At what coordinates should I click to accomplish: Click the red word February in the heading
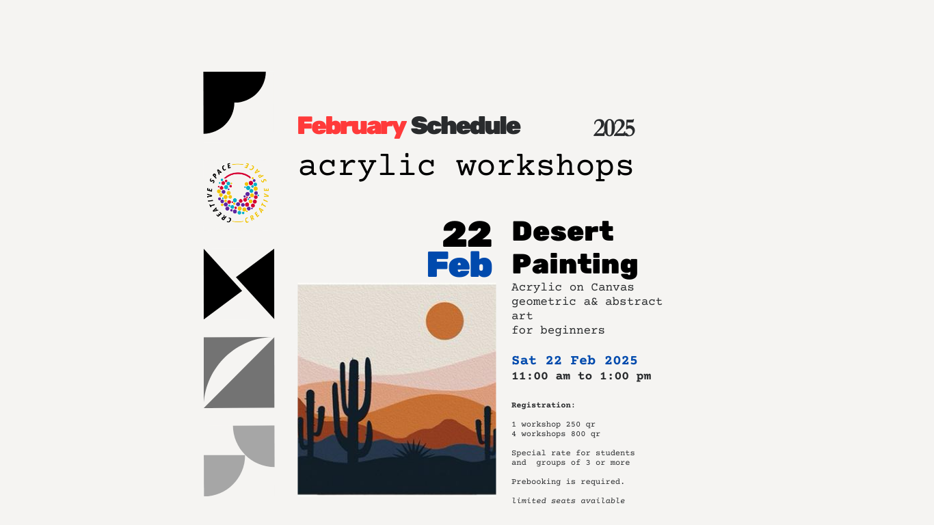pos(352,126)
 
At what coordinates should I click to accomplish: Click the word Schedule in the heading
pos(466,126)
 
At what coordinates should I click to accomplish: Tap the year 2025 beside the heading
pos(614,128)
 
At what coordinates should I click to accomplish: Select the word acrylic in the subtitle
pos(367,167)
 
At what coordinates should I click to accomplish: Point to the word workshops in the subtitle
pos(544,167)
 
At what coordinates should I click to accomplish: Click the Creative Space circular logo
pos(238,193)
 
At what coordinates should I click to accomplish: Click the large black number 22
pos(467,234)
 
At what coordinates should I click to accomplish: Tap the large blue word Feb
pos(459,265)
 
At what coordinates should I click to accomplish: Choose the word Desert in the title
pos(563,231)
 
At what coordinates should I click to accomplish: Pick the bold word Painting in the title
pos(575,265)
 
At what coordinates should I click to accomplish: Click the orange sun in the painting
pos(445,321)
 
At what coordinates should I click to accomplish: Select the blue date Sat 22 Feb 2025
pos(574,360)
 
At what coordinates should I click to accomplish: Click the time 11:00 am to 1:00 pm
pos(581,376)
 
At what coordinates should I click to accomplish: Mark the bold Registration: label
pos(544,405)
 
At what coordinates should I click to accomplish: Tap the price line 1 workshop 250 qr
pos(553,424)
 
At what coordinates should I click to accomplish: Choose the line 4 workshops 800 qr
pos(556,433)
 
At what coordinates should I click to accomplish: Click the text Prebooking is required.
pos(568,482)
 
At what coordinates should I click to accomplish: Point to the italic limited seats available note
pos(568,501)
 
